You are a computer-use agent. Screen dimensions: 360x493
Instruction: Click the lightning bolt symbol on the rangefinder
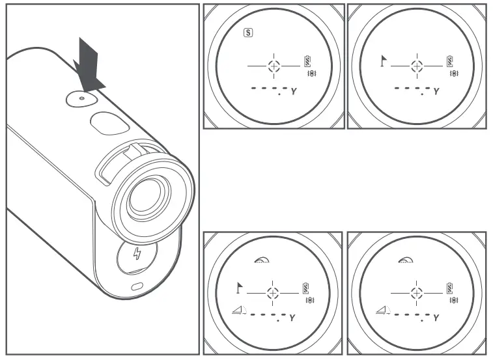pos(136,254)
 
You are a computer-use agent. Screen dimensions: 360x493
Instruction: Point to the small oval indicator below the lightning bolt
pos(135,287)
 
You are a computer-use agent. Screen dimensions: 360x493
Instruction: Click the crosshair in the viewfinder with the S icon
pos(274,66)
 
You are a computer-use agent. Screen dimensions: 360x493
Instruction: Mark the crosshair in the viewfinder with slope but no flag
pos(417,292)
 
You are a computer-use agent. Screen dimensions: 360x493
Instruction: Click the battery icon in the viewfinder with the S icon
pos(307,62)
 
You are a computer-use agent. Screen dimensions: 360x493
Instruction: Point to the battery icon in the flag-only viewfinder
pos(450,62)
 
